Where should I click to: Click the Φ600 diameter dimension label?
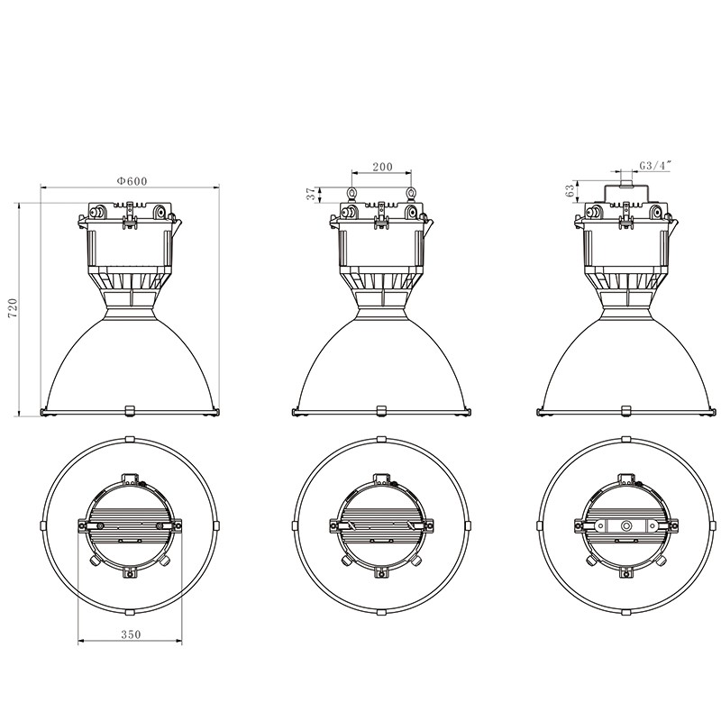132,181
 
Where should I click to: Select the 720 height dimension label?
13,307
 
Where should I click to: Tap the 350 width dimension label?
131,634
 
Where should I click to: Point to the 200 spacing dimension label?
382,167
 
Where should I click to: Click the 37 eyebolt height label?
312,194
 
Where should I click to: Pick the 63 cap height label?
570,191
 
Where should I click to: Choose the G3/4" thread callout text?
656,165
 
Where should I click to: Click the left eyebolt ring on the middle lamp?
351,193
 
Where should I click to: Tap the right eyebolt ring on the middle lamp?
411,193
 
